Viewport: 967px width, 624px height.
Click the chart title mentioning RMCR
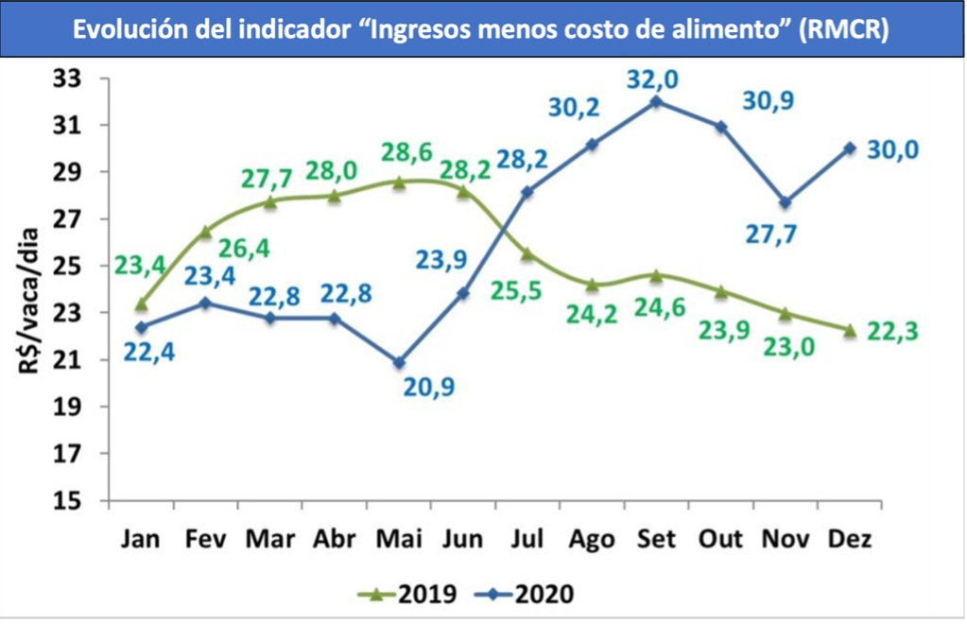tap(482, 30)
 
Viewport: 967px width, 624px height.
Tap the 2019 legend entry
tap(411, 594)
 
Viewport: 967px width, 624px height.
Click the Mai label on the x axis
tap(398, 539)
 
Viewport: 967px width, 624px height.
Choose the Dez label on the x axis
tap(849, 539)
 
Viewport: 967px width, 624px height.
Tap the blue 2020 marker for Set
tap(655, 101)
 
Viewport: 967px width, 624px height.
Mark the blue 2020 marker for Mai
tap(399, 362)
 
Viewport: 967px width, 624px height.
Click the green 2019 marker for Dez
tap(849, 330)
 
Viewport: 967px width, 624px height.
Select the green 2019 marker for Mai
tap(399, 182)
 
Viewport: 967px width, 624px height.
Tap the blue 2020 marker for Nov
tap(785, 202)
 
